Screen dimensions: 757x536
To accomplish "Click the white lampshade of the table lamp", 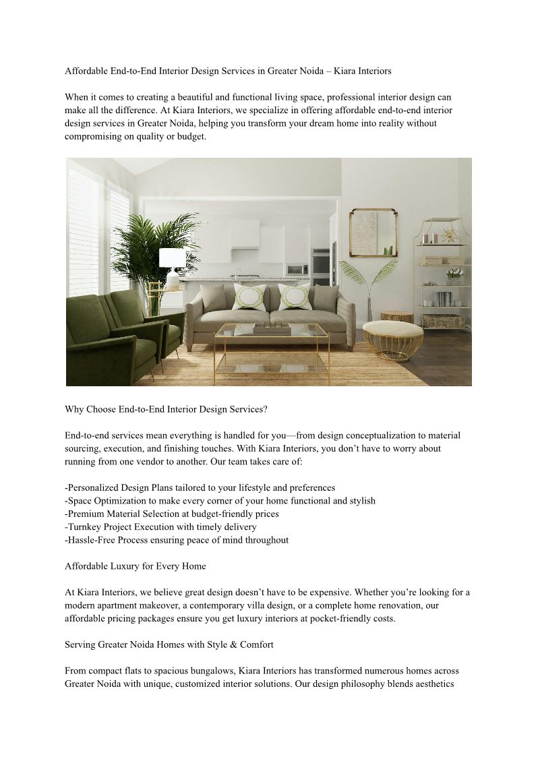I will point(171,258).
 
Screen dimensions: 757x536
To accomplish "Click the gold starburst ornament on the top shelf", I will point(448,235).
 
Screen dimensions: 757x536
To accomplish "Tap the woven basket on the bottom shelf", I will point(443,321).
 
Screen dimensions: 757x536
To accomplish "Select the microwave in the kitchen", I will point(295,268).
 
